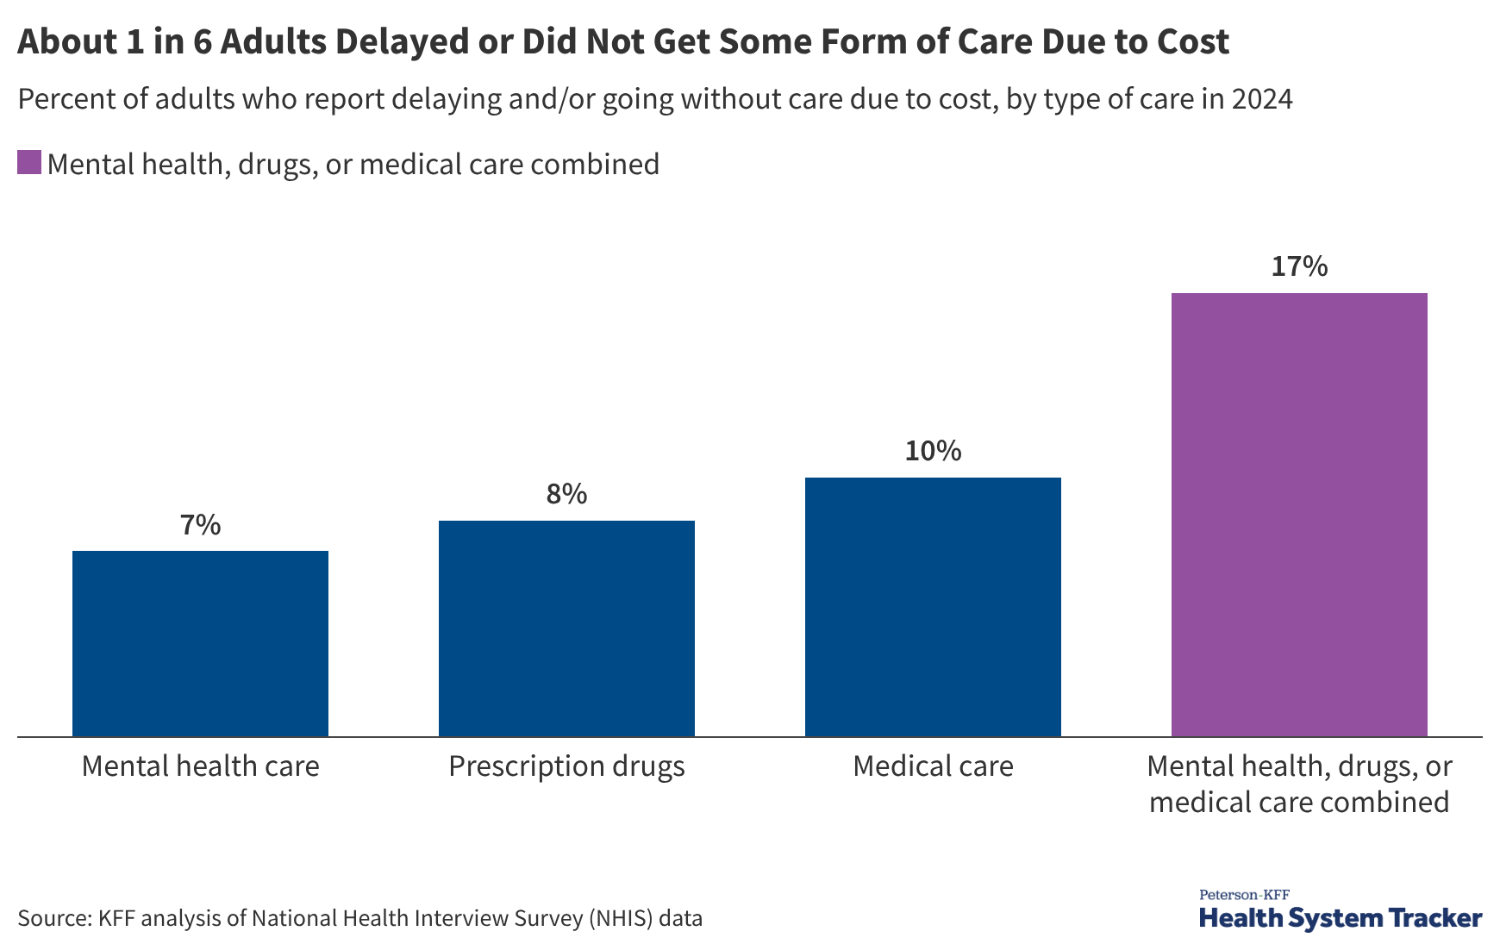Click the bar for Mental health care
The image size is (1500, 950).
click(200, 643)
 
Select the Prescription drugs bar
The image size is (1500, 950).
click(566, 628)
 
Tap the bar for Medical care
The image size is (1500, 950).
click(933, 607)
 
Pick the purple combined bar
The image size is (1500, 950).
click(1299, 515)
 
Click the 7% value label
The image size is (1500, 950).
click(200, 525)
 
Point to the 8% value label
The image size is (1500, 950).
click(566, 494)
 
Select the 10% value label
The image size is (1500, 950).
click(933, 451)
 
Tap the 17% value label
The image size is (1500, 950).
click(1299, 266)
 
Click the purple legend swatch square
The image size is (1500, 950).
click(29, 163)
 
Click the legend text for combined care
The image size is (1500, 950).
click(353, 164)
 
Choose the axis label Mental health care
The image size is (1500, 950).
click(200, 766)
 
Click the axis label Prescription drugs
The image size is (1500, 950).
click(566, 766)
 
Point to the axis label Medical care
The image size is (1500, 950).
click(933, 766)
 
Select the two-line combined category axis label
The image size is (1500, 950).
click(1299, 784)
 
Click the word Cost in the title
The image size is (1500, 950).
click(1192, 41)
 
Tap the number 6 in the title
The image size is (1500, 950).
click(202, 41)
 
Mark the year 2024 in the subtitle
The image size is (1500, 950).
click(1261, 99)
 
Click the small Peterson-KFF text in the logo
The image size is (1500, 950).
click(1244, 895)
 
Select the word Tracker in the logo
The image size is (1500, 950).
click(1435, 918)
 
